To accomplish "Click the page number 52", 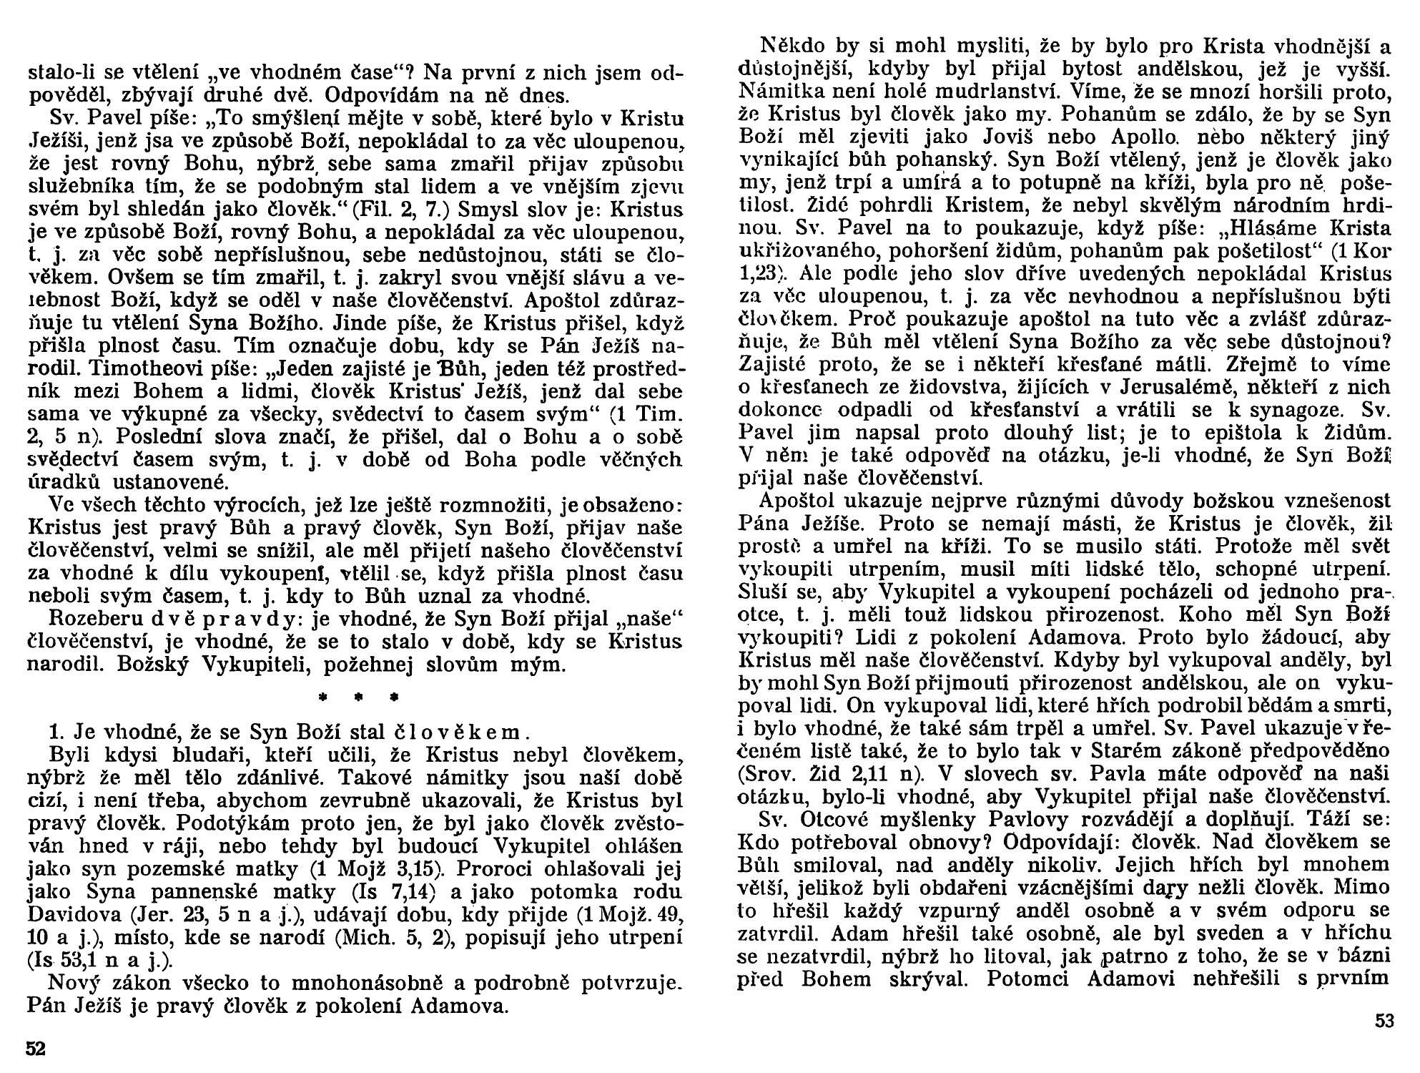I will tap(36, 1049).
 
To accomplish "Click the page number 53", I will tap(1384, 1021).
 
